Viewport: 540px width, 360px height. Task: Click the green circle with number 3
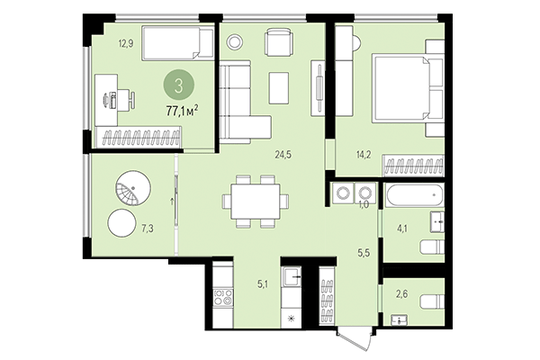(x=183, y=87)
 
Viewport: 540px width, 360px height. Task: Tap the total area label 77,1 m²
(x=183, y=112)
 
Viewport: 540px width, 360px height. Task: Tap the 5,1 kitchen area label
(x=263, y=284)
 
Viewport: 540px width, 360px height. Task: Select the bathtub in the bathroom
(x=413, y=195)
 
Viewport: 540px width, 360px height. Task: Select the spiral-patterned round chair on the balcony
(x=128, y=191)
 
